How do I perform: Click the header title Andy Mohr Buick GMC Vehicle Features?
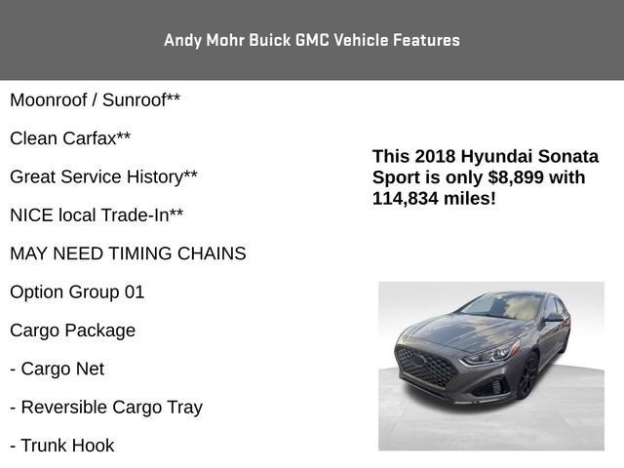pyautogui.click(x=312, y=40)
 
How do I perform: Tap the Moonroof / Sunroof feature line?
pyautogui.click(x=95, y=100)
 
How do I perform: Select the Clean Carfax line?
pyautogui.click(x=70, y=138)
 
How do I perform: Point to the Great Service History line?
pyautogui.click(x=103, y=176)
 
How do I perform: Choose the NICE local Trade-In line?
pyautogui.click(x=97, y=215)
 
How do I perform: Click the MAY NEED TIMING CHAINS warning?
pyautogui.click(x=128, y=253)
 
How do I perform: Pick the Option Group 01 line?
pyautogui.click(x=77, y=292)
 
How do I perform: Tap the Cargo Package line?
pyautogui.click(x=72, y=331)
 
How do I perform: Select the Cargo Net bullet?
pyautogui.click(x=57, y=369)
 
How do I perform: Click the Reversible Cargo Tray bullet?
pyautogui.click(x=106, y=407)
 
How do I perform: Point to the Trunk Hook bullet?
pyautogui.click(x=61, y=446)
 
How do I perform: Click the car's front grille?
pyautogui.click(x=427, y=367)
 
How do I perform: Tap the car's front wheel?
pyautogui.click(x=527, y=375)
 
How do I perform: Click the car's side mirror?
pyautogui.click(x=554, y=318)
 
